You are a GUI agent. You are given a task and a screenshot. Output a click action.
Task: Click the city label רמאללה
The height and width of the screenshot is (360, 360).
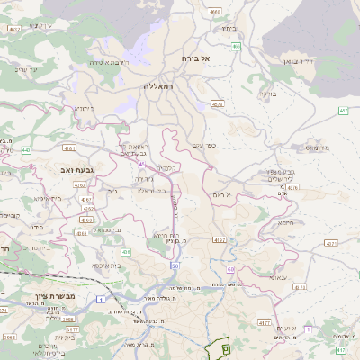162,86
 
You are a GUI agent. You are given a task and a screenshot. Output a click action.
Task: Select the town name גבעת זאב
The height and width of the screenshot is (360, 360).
77,168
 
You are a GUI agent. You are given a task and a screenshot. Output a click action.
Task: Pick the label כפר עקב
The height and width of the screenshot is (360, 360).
204,146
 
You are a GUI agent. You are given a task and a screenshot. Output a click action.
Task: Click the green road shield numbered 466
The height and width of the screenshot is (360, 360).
236,45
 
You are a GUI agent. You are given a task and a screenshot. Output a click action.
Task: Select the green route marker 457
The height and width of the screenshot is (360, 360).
343,111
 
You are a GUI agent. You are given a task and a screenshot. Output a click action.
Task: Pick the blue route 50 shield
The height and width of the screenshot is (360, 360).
175,266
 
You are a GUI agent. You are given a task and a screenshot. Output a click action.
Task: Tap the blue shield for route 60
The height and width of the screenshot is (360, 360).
231,268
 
